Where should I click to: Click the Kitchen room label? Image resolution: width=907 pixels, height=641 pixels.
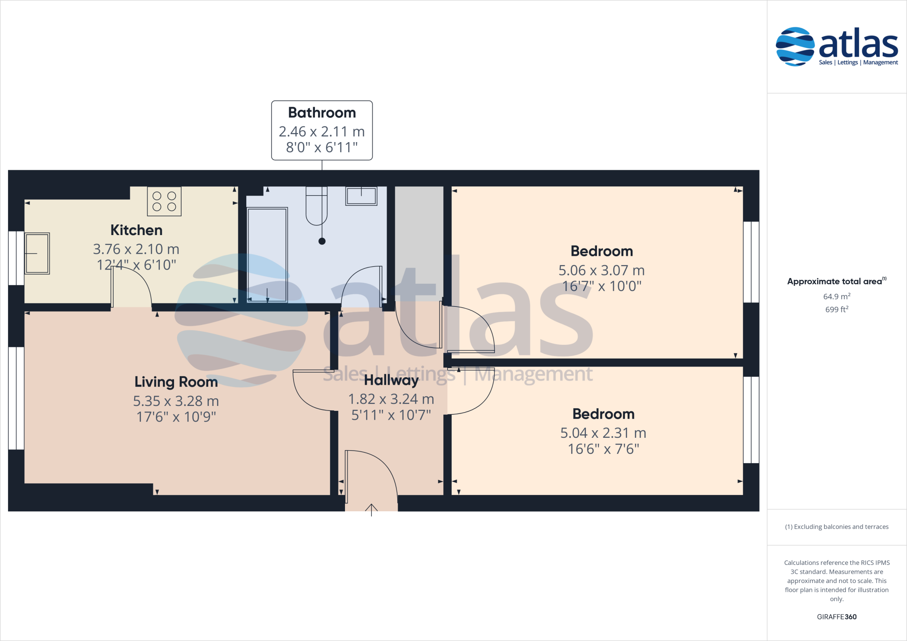[136, 230]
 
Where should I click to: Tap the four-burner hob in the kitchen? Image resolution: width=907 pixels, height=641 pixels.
[164, 201]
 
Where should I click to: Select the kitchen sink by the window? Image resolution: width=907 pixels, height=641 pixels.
[37, 254]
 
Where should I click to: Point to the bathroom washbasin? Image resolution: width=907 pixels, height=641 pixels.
[361, 196]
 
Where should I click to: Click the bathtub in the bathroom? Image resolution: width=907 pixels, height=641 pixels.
[267, 255]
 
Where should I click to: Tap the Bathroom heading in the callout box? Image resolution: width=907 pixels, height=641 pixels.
[322, 113]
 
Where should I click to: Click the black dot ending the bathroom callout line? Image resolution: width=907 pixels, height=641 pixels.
[322, 241]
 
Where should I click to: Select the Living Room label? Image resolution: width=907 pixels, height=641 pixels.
[176, 382]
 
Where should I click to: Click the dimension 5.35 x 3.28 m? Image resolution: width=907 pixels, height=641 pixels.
[176, 401]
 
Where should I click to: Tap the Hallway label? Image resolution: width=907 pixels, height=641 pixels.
[391, 380]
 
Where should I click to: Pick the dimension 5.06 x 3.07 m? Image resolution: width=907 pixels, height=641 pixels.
[601, 270]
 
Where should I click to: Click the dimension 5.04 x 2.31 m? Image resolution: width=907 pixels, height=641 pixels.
[603, 433]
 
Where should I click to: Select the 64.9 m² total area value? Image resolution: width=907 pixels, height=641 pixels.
[837, 296]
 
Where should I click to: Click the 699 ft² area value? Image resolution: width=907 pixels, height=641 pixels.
[837, 309]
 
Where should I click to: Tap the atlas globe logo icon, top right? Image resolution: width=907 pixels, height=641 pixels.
[795, 46]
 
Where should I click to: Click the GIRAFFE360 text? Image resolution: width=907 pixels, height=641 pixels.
[837, 617]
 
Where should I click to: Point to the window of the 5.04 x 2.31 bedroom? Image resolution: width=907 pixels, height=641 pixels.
[751, 420]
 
